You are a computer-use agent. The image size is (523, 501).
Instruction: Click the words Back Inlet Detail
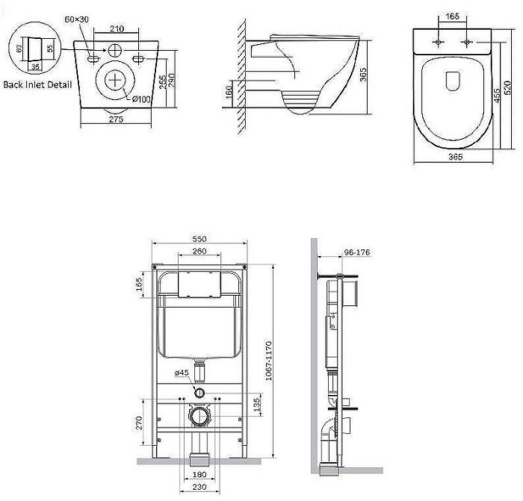click(37, 84)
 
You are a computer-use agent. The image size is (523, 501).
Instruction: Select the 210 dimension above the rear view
click(117, 28)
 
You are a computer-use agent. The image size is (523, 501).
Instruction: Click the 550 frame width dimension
click(199, 238)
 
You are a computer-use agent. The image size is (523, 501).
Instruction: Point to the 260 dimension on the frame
click(199, 252)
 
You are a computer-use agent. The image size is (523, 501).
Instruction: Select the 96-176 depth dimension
click(358, 252)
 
